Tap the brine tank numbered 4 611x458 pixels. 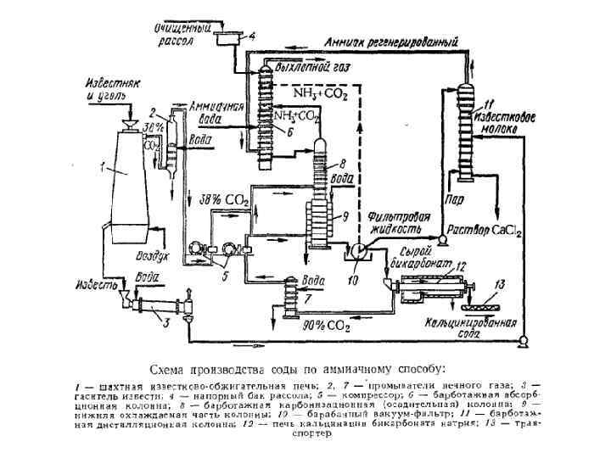(x=228, y=37)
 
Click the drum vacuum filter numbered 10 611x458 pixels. (x=357, y=249)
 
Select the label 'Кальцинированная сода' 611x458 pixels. (x=457, y=328)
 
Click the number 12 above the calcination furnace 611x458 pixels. (x=461, y=265)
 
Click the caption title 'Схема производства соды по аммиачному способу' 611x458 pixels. (x=296, y=369)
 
